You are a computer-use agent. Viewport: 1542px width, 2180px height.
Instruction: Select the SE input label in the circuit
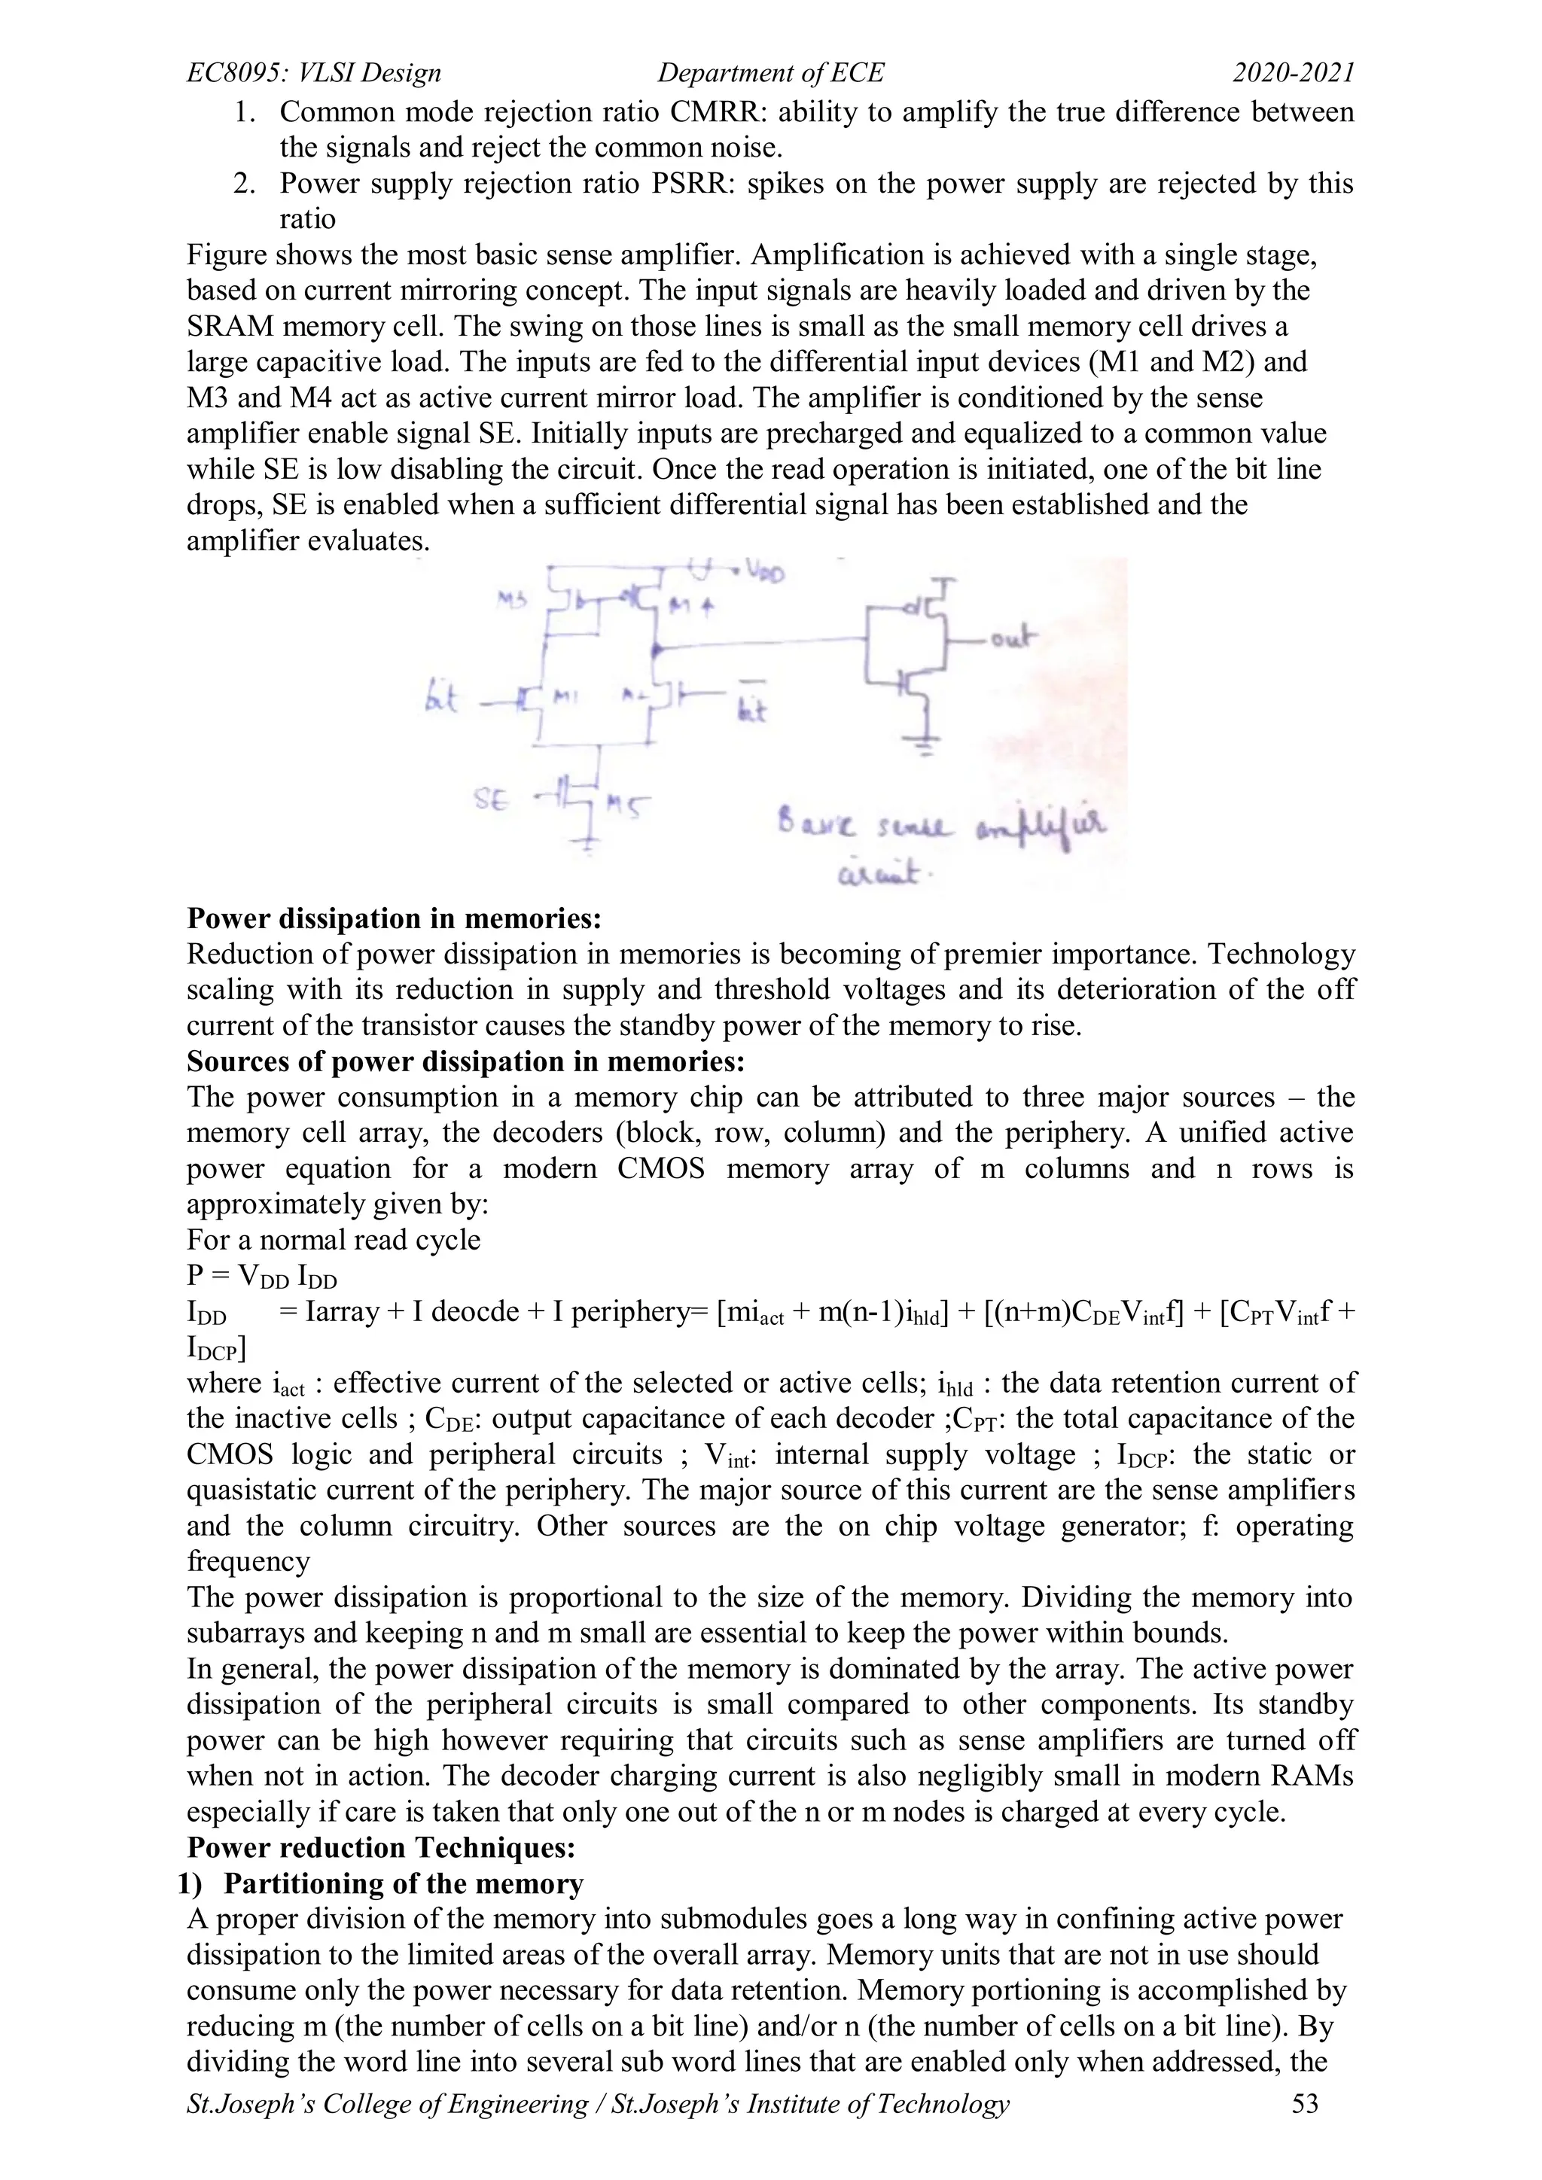(x=490, y=800)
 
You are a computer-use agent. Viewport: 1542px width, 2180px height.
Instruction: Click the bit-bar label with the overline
(x=752, y=705)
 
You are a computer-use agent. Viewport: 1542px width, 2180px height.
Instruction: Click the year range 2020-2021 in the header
(x=1294, y=73)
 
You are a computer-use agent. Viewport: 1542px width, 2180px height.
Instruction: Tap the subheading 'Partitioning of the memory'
(x=404, y=1883)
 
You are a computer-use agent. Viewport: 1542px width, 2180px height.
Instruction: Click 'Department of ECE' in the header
(x=770, y=73)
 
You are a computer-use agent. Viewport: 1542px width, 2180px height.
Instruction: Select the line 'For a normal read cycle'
(x=334, y=1240)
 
